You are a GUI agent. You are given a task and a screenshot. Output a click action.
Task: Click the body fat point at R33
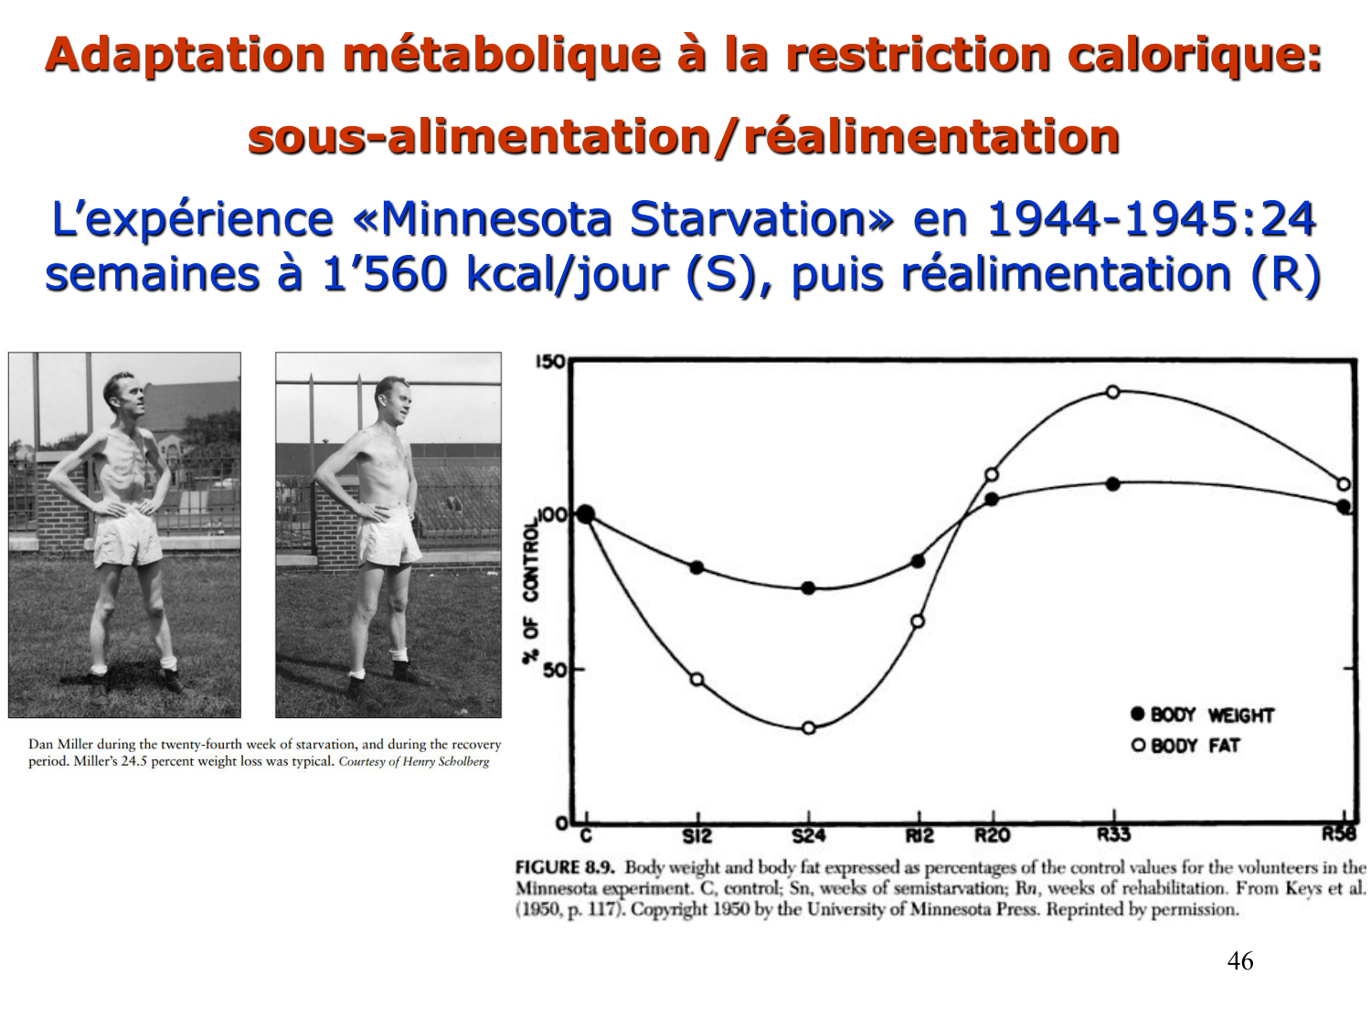pyautogui.click(x=1112, y=392)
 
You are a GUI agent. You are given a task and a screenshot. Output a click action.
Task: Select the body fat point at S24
pyautogui.click(x=808, y=728)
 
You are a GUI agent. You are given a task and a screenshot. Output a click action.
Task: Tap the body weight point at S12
pyautogui.click(x=697, y=567)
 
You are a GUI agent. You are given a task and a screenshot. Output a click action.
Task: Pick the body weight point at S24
pyautogui.click(x=808, y=588)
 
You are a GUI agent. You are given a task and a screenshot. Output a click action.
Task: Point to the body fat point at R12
pyautogui.click(x=918, y=621)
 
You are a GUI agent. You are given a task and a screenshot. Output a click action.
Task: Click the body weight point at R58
pyautogui.click(x=1344, y=506)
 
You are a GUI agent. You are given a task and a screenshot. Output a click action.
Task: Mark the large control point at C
pyautogui.click(x=585, y=515)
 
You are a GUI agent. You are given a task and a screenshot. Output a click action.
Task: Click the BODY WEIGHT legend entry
pyautogui.click(x=1202, y=715)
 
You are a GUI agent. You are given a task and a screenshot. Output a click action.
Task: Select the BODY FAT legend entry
pyautogui.click(x=1185, y=746)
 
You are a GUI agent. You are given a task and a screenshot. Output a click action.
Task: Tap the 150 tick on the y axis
pyautogui.click(x=549, y=362)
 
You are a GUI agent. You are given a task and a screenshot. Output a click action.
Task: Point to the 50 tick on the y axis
pyautogui.click(x=553, y=670)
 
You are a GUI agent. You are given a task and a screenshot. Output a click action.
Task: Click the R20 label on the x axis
pyautogui.click(x=992, y=834)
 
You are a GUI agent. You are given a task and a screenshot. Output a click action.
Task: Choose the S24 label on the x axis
pyautogui.click(x=808, y=835)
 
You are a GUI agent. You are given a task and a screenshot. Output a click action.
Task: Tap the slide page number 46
pyautogui.click(x=1239, y=961)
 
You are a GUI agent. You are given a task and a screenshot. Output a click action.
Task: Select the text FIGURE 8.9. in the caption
pyautogui.click(x=564, y=867)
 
